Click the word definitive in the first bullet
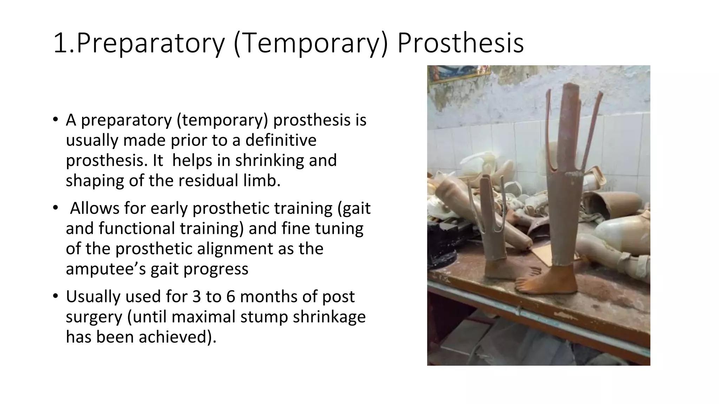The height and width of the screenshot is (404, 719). [281, 140]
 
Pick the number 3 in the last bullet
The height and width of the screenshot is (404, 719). [197, 296]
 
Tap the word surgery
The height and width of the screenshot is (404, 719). [94, 317]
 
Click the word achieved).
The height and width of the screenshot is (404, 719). [178, 337]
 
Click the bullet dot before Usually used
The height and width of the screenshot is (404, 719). [55, 296]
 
